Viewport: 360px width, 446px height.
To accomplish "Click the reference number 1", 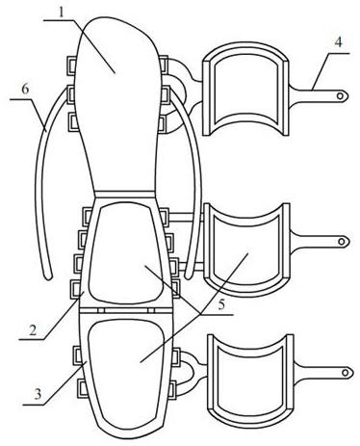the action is click(x=62, y=12).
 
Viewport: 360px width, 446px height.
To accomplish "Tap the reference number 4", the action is click(x=338, y=42).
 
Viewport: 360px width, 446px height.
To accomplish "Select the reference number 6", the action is click(x=25, y=90).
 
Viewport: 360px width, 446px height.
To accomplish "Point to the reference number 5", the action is click(x=221, y=304).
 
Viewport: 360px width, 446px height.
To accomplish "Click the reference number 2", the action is click(x=33, y=330).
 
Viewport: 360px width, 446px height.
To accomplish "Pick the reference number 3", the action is click(x=38, y=394).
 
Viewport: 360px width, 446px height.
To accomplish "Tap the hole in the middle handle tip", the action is click(x=342, y=241).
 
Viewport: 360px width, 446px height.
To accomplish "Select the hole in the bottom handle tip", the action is click(x=346, y=373).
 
